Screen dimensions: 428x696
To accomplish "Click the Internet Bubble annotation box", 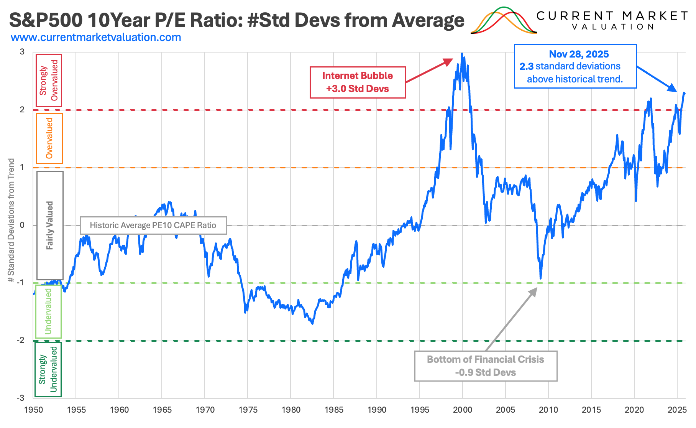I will coord(358,82).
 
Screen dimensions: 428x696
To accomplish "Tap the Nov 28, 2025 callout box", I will coord(575,66).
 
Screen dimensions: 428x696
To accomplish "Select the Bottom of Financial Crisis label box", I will coord(486,366).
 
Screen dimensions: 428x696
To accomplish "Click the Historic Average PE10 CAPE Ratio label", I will coord(153,225).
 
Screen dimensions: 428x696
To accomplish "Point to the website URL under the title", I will coord(96,38).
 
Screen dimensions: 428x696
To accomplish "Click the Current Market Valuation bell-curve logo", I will coord(504,21).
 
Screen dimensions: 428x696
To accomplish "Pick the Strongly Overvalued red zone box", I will coord(49,80).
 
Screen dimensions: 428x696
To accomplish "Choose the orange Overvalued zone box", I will coord(49,138).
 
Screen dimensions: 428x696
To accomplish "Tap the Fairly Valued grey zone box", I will coord(50,226).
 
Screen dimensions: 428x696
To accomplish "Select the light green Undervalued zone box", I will coord(48,311).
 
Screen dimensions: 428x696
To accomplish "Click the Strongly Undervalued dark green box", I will coord(48,369).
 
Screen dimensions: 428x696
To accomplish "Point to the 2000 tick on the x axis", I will coord(463,410).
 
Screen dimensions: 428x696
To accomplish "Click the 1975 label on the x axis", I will coord(248,410).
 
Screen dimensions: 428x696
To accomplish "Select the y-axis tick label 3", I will coord(22,52).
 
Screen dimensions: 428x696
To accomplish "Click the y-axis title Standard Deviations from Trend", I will coord(11,221).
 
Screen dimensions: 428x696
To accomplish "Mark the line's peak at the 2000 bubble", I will coord(462,54).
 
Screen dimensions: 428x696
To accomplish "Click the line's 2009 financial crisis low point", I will coord(540,278).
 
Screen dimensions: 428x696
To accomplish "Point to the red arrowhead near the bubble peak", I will coord(449,61).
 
